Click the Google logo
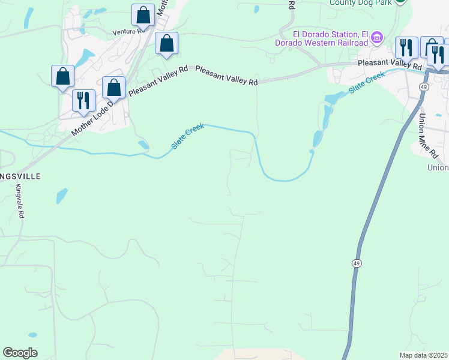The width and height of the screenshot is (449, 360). tap(20, 353)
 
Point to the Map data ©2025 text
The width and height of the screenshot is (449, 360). tap(423, 355)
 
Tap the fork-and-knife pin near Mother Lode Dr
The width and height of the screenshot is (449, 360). tap(83, 100)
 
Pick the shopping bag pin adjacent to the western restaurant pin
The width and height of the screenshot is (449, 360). tap(113, 88)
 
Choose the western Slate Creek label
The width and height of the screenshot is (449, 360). tap(188, 136)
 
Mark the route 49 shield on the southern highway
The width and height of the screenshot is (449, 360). tap(356, 263)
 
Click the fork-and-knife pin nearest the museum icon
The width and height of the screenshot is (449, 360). tap(407, 47)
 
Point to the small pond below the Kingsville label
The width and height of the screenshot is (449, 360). tap(62, 196)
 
